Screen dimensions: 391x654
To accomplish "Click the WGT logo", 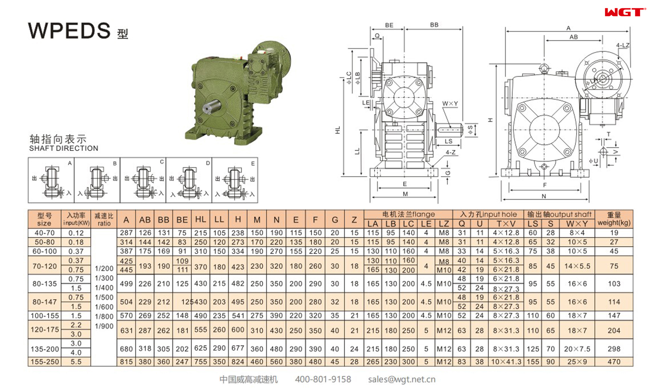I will coord(625,12).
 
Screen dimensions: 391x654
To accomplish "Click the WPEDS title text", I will coord(69,30).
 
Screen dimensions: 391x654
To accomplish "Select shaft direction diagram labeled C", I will coord(143,180).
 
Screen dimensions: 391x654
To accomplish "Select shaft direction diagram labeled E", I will coord(235,180).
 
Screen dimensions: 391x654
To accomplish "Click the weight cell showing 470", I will coord(614,362).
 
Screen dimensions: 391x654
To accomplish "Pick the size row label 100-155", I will coord(45,316).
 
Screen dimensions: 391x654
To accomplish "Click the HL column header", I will coord(201,220).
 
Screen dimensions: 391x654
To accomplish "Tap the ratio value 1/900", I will coord(104,326).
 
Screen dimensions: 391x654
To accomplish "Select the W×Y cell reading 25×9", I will coord(577,362).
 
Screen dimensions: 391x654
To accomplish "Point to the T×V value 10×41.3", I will coord(506,362).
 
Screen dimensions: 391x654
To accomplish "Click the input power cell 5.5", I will coord(76,362).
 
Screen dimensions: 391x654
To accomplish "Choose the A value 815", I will coord(126,362).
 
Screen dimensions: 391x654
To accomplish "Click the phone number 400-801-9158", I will coord(323,379).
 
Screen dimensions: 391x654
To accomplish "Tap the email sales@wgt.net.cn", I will coord(401,379).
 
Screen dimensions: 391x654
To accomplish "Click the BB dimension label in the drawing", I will coord(434,25).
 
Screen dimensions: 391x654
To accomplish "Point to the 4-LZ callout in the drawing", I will coord(623,45).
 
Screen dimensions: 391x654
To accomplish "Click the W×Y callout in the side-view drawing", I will coord(450,104).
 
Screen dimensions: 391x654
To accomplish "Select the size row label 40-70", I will coord(45,233).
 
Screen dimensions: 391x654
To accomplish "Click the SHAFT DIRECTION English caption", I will coord(64,148).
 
